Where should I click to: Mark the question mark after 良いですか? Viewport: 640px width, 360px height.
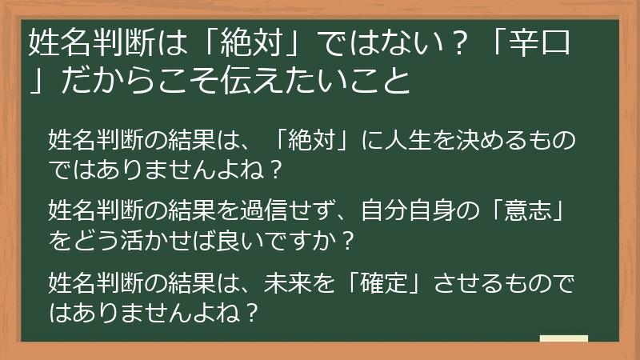point(348,239)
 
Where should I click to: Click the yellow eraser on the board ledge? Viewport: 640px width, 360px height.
point(564,338)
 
